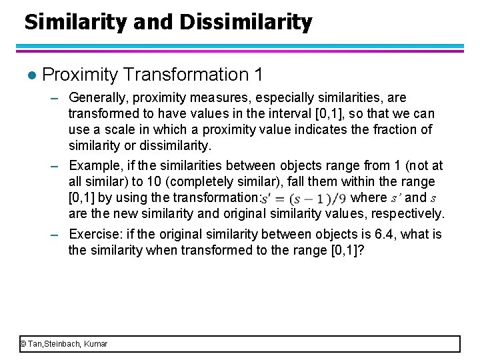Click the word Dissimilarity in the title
coord(246,23)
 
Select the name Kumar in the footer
coord(95,344)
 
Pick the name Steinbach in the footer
coord(64,344)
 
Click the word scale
coord(107,130)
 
